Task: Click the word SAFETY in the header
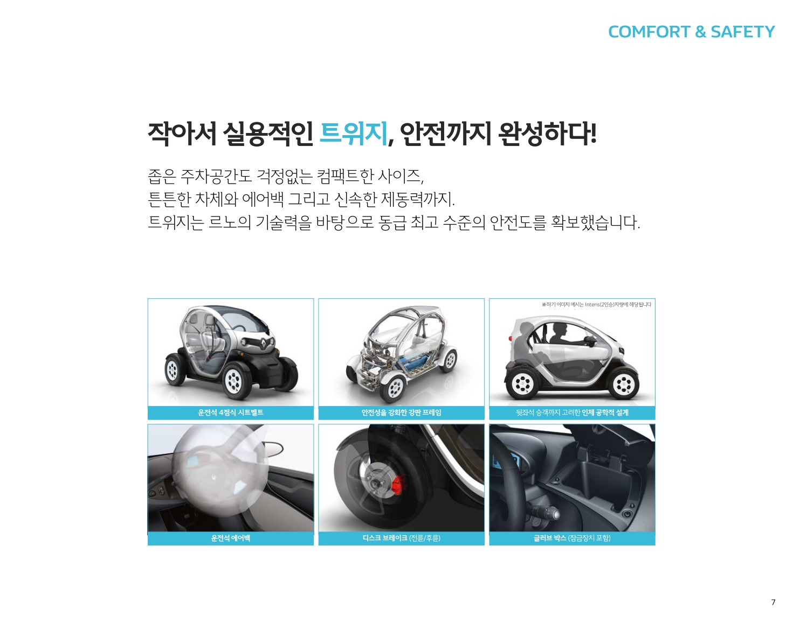click(x=742, y=32)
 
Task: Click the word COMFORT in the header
click(x=649, y=32)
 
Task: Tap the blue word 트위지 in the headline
click(x=354, y=134)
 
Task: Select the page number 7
click(x=773, y=602)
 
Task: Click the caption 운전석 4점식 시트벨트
click(x=231, y=412)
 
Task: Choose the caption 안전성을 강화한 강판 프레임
click(x=401, y=412)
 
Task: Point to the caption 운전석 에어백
click(x=231, y=538)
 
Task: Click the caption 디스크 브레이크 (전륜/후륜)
click(x=401, y=538)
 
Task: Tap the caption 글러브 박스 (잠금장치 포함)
click(x=572, y=538)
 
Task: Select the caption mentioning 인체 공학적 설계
click(x=572, y=412)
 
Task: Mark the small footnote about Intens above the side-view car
click(x=596, y=305)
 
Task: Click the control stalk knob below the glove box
click(x=555, y=514)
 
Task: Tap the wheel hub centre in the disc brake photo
click(x=378, y=483)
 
